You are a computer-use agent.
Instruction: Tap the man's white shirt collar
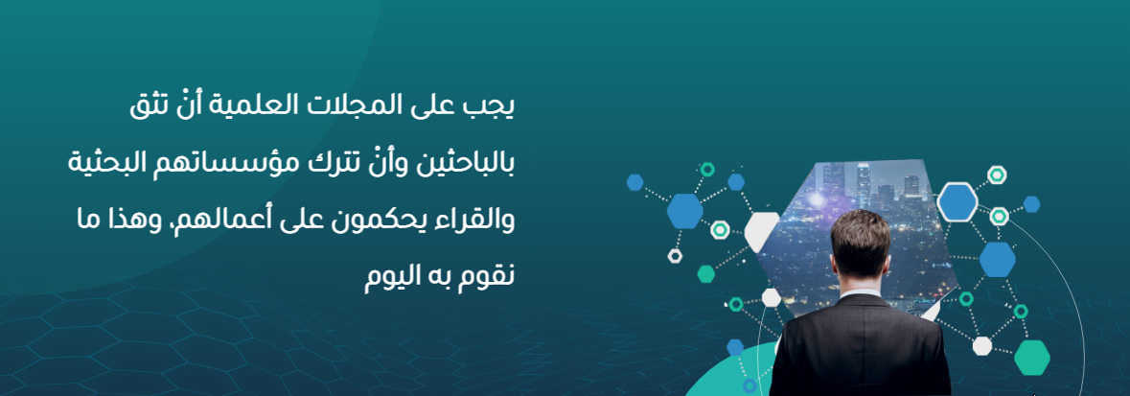tap(861, 292)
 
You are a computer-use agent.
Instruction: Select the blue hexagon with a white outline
tap(957, 202)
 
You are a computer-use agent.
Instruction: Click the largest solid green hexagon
tap(1032, 357)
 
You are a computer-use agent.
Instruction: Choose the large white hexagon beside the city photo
tap(762, 231)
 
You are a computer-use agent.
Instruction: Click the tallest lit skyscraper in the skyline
tap(864, 185)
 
